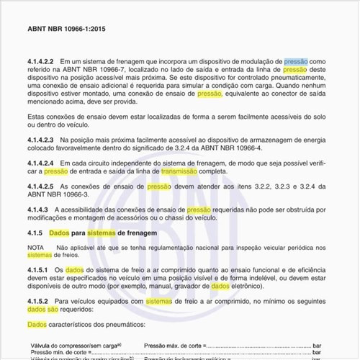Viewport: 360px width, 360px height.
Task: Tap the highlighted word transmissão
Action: (179, 171)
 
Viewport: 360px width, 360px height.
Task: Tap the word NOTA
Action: (35, 247)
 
